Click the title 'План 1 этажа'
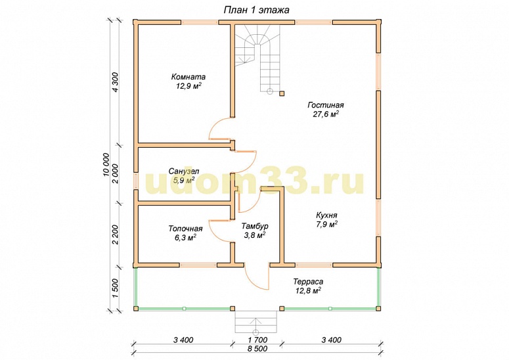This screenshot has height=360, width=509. [x=256, y=10]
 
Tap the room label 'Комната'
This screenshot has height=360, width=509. [x=188, y=77]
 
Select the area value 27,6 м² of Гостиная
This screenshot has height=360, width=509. [x=326, y=114]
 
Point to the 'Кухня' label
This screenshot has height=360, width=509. [x=326, y=215]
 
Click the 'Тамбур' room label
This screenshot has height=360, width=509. [x=255, y=226]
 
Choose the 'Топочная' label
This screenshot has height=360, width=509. [x=185, y=229]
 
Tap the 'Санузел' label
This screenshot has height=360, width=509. [x=184, y=171]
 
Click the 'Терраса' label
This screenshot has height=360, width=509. [x=308, y=281]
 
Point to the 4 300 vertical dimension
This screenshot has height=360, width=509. [x=116, y=82]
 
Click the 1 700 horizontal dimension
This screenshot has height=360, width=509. [x=257, y=340]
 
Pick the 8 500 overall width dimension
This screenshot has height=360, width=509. [x=257, y=349]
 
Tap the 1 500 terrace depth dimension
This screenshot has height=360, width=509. [x=116, y=288]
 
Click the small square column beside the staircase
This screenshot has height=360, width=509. [x=282, y=93]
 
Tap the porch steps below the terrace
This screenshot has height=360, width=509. [x=255, y=322]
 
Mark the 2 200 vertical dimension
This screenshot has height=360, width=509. [x=116, y=235]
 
